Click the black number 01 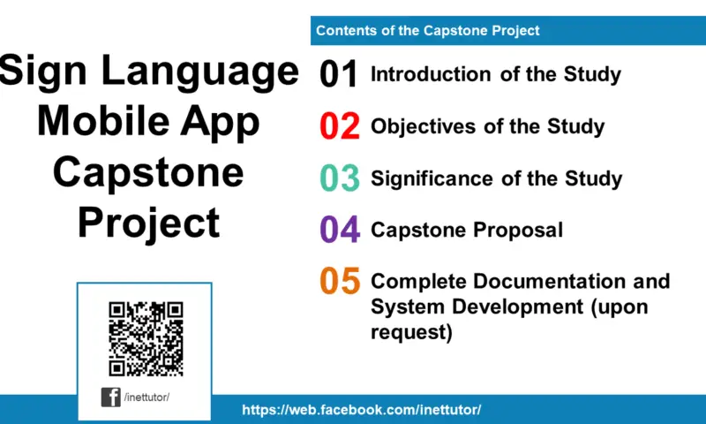[x=339, y=75]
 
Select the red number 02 [x=339, y=127]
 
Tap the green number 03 [x=339, y=178]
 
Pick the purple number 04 [x=340, y=231]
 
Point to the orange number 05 [x=340, y=282]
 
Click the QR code [x=145, y=339]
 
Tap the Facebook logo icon [x=111, y=397]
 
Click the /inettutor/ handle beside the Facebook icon [x=147, y=397]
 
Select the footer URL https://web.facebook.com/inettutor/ [x=361, y=411]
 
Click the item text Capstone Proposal [x=467, y=231]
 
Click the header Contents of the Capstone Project [x=428, y=31]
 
